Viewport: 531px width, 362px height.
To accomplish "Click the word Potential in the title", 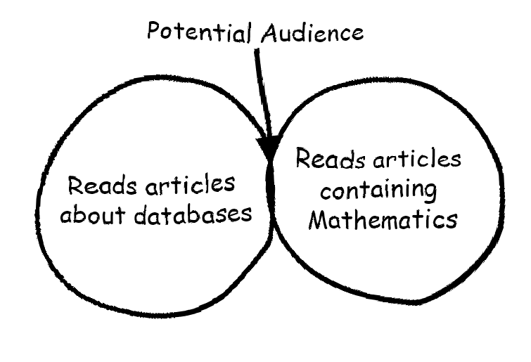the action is (x=200, y=32).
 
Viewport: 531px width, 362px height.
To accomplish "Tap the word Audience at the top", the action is (x=312, y=33).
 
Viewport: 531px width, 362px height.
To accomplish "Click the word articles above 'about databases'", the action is (x=190, y=184).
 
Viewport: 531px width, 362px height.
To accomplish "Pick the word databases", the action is (x=193, y=214).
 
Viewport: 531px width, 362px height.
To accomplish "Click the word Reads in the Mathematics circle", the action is (x=331, y=158).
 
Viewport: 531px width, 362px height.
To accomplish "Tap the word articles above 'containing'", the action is (x=417, y=159).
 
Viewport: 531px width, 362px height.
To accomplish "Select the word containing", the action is (x=378, y=190).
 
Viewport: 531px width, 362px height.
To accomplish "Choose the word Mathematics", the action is (x=383, y=220).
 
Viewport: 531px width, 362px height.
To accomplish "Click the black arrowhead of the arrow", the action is (x=269, y=146).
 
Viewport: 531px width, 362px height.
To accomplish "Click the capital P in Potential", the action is (x=153, y=31).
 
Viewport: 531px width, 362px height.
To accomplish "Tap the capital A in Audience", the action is (x=269, y=33).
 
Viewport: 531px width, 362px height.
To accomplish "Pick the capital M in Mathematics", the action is (x=319, y=220).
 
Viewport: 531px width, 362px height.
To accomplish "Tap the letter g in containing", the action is (x=430, y=193).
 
